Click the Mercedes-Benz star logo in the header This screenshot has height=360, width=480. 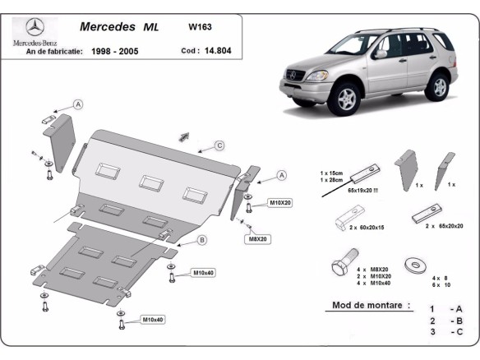click(x=34, y=27)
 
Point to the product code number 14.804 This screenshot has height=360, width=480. click(x=213, y=50)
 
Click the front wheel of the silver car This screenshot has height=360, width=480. click(x=348, y=99)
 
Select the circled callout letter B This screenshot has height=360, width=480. click(x=202, y=240)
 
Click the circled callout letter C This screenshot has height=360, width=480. click(x=220, y=145)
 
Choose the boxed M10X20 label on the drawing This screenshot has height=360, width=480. click(x=279, y=201)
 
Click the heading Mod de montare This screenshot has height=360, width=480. click(x=371, y=304)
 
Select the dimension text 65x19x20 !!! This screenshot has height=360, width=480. click(x=347, y=191)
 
